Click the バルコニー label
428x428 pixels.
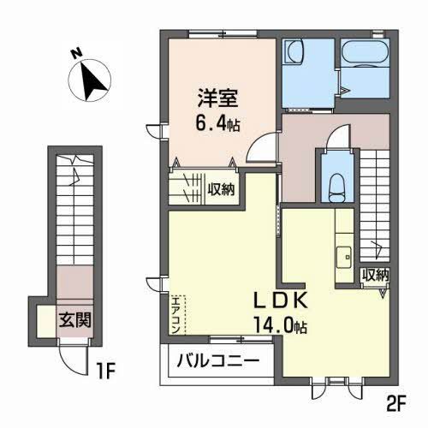click(x=217, y=361)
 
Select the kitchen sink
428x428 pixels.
click(x=345, y=254)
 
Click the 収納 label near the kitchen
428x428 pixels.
click(x=375, y=276)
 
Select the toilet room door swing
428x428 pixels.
click(x=340, y=137)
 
